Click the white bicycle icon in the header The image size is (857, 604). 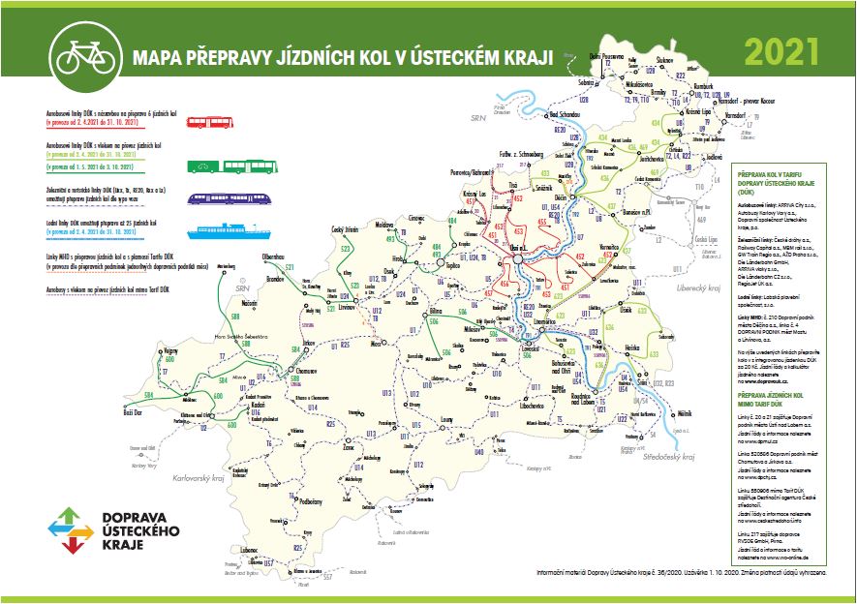[81, 56]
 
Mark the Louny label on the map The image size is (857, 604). [447, 419]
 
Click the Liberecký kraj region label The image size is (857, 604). [699, 287]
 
